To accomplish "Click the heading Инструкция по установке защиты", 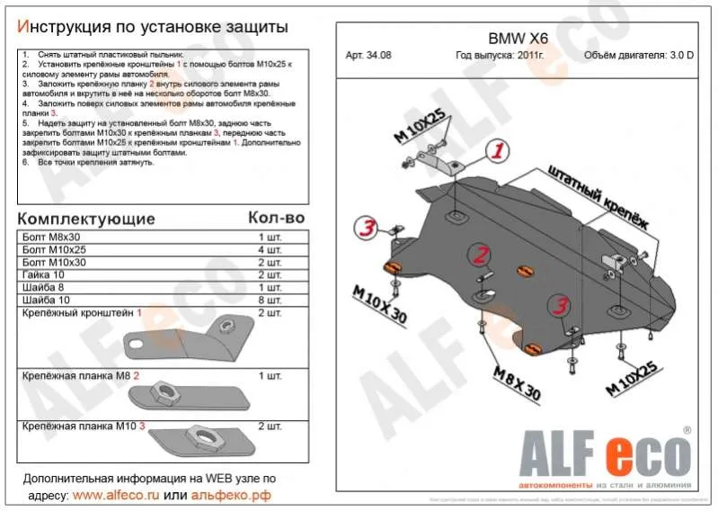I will pyautogui.click(x=153, y=29).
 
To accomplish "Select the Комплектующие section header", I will pyautogui.click(x=86, y=219).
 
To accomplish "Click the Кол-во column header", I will pyautogui.click(x=276, y=219).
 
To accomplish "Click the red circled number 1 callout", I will pyautogui.click(x=496, y=150).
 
